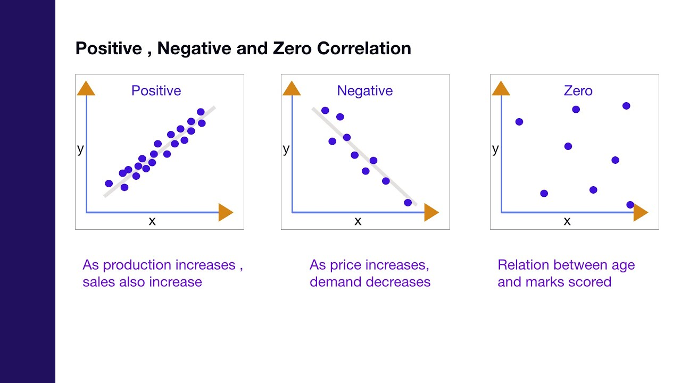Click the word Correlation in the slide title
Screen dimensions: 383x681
pos(364,48)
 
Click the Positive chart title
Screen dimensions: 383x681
pos(156,90)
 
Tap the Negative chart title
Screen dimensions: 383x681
pos(364,90)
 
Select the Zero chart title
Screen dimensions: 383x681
pos(578,90)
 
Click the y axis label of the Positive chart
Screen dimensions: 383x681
pos(80,149)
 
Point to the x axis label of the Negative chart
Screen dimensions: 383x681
pos(358,221)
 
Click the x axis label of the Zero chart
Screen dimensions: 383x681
pos(567,221)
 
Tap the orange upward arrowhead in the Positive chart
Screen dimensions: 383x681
pos(86,88)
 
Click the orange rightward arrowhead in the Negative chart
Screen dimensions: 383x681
pos(431,213)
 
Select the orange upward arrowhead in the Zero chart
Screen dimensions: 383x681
pos(501,88)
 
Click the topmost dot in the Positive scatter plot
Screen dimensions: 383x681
pos(201,112)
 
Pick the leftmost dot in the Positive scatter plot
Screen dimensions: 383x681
pos(109,184)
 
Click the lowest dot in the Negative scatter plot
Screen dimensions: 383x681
pos(408,203)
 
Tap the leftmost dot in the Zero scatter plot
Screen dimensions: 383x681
pos(519,122)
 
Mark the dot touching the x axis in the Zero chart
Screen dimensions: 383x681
pos(630,205)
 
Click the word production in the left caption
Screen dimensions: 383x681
pos(136,265)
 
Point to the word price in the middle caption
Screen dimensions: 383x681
pos(348,265)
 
